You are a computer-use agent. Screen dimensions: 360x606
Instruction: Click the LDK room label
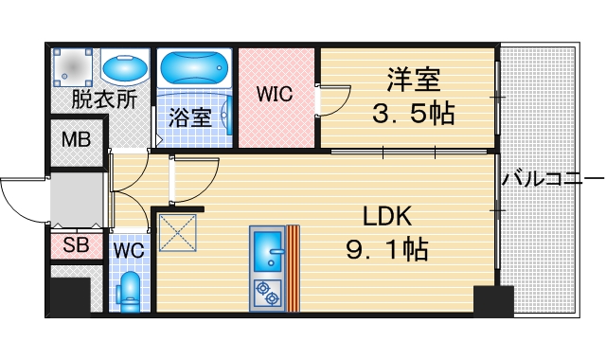coord(386,216)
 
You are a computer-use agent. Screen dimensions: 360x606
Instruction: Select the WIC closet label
coord(275,95)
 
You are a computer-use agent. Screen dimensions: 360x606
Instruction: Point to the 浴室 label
coord(190,117)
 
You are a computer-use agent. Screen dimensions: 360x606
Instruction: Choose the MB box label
coord(77,141)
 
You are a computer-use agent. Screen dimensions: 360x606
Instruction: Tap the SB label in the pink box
coord(76,246)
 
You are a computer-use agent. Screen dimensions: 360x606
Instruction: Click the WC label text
coord(129,250)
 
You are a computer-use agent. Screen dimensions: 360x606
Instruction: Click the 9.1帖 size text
coord(386,250)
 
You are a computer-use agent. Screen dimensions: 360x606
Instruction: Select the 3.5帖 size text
coord(414,114)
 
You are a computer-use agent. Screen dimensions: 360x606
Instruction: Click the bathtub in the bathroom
coord(192,68)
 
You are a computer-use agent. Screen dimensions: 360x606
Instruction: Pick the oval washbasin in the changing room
coord(122,69)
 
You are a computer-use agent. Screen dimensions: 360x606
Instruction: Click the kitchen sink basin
coord(269,249)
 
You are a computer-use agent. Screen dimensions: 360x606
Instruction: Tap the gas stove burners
coord(268,294)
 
